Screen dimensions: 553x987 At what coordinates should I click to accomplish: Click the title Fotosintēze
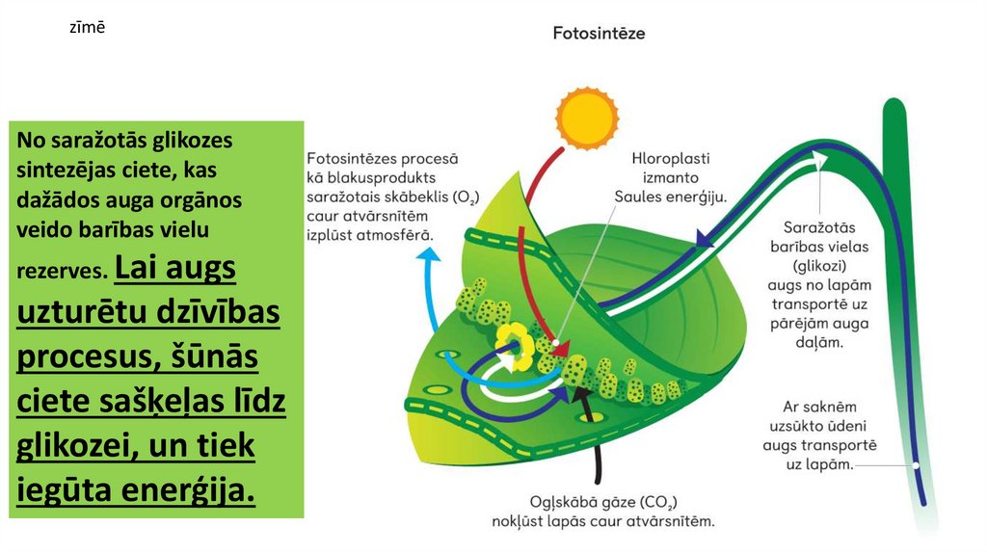pos(599,33)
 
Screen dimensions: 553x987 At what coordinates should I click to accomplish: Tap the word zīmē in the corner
pos(86,28)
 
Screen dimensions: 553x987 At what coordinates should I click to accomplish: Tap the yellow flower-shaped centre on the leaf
pos(513,345)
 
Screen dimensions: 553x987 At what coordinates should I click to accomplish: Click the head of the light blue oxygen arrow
pos(429,255)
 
